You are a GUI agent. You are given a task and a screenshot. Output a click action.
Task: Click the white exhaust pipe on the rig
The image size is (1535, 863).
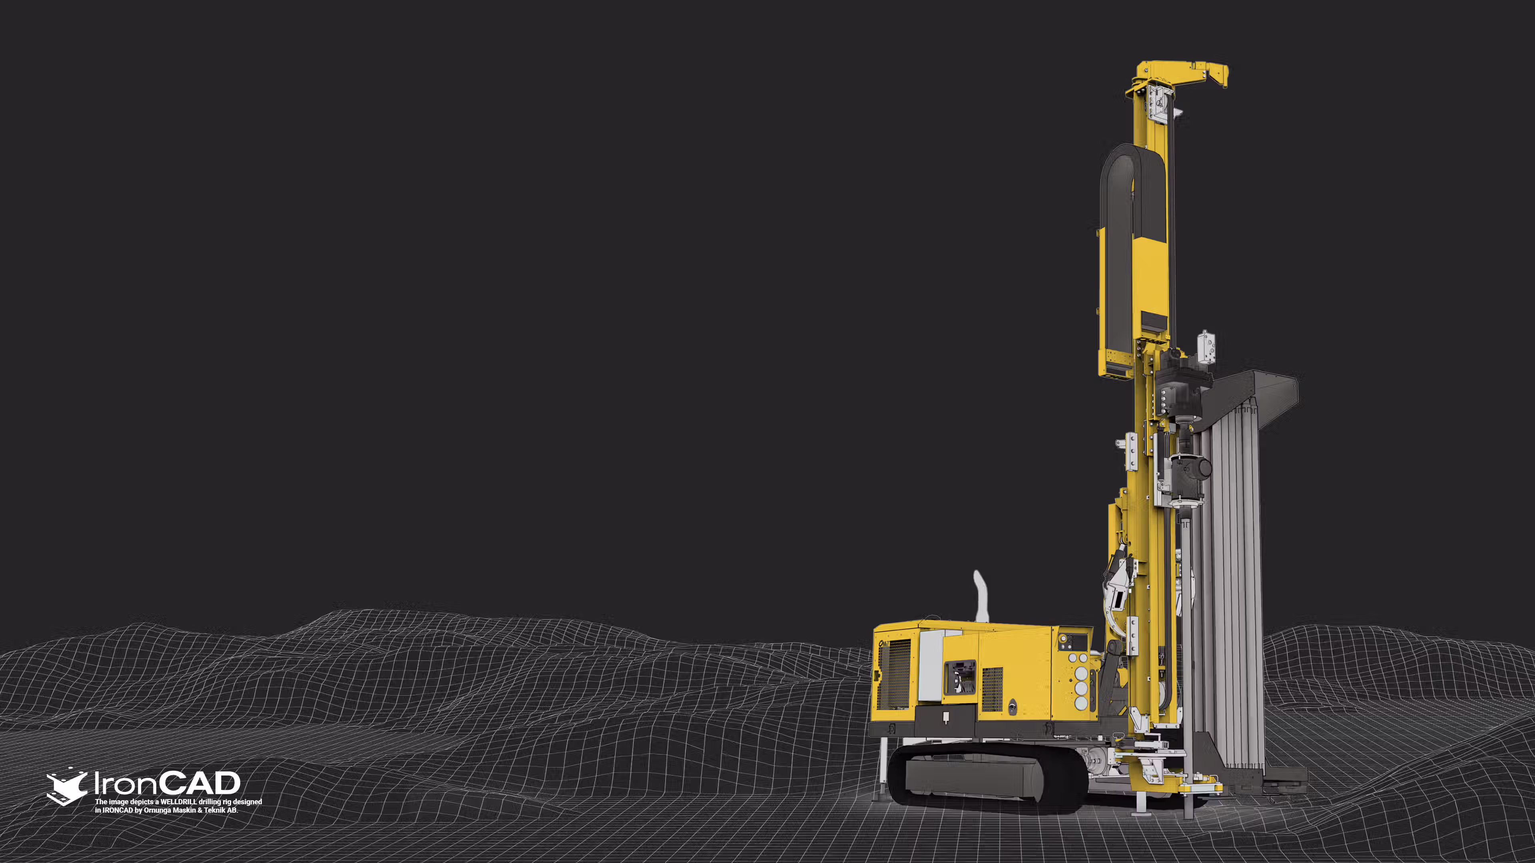[x=980, y=597]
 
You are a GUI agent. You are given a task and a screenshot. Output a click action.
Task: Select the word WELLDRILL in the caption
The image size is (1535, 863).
[x=179, y=801]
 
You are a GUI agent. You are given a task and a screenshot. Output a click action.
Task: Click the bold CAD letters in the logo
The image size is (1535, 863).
[x=201, y=783]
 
